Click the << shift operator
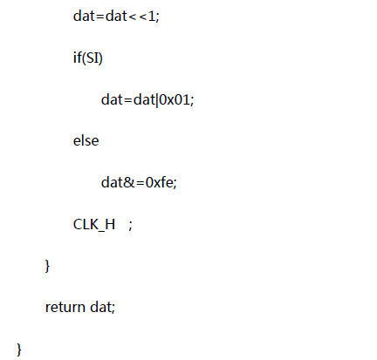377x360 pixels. coord(138,17)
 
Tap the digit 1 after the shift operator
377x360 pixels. coord(152,16)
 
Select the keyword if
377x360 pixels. coord(78,57)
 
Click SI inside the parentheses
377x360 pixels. coord(93,58)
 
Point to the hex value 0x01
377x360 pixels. coord(175,99)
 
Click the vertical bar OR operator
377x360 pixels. coord(157,100)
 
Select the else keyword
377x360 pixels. coord(86,140)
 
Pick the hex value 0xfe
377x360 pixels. coord(160,183)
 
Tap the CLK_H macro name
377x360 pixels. coord(94,225)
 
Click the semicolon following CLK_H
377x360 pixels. coord(130,225)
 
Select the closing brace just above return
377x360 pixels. coord(47,266)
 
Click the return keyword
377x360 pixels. coord(65,308)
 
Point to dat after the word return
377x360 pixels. coord(100,307)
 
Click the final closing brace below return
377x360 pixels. coord(19,350)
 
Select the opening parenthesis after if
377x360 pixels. coord(84,58)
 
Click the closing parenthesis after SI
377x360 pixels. coord(100,58)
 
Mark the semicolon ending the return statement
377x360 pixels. coord(113,309)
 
